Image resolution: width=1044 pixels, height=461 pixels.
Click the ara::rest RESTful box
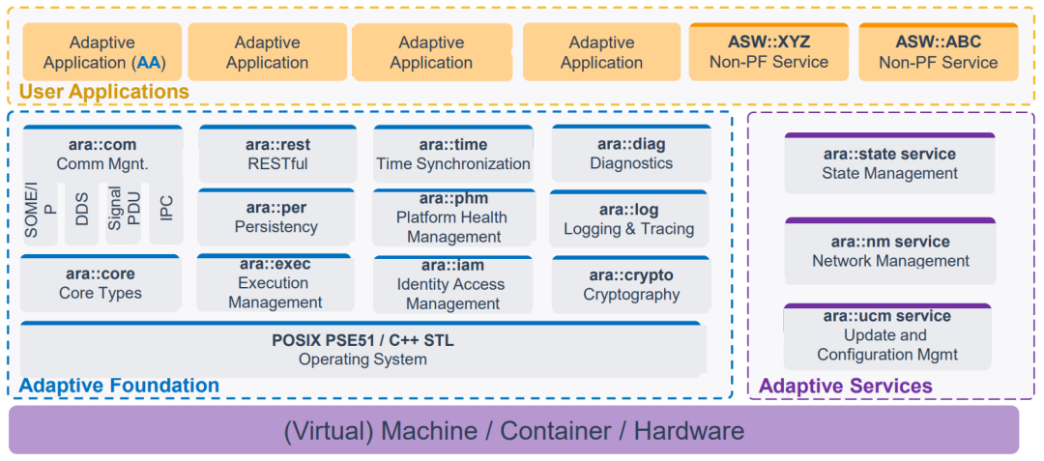click(x=276, y=155)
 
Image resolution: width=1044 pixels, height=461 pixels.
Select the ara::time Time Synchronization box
click(x=452, y=155)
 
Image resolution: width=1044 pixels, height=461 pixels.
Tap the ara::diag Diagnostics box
click(x=630, y=155)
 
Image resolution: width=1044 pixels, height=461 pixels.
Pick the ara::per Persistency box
click(x=276, y=217)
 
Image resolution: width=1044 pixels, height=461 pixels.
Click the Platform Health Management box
click(x=452, y=217)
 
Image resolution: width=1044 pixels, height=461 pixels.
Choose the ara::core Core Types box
click(x=101, y=283)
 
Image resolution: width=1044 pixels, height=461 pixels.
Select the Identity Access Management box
click(x=452, y=284)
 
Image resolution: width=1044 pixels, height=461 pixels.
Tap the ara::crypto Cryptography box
click(x=630, y=285)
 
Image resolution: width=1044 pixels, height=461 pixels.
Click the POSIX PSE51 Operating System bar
click(x=362, y=350)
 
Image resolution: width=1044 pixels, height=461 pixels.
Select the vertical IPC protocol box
click(x=165, y=208)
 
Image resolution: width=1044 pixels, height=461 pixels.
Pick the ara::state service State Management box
click(x=889, y=164)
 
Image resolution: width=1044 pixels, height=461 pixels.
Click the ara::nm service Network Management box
click(x=889, y=251)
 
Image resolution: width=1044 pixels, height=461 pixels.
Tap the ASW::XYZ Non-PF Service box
click(x=768, y=52)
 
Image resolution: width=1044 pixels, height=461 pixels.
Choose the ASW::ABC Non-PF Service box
click(x=938, y=52)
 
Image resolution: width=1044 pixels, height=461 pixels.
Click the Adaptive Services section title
click(x=846, y=387)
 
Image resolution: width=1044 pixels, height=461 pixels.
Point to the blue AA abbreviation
click(x=149, y=63)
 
